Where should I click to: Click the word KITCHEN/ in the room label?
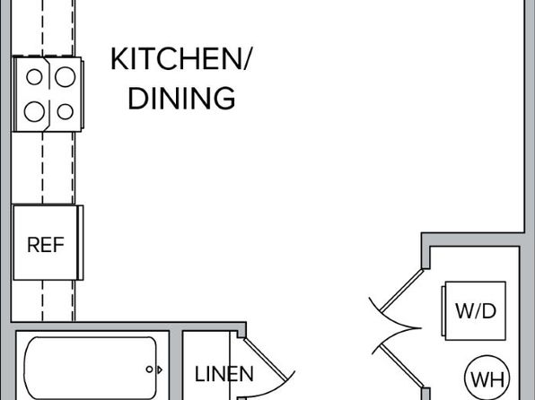tap(180, 59)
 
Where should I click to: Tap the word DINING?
tap(181, 99)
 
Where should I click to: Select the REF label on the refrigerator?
tap(46, 245)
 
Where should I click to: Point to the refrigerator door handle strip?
tap(80, 242)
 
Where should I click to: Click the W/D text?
tap(476, 311)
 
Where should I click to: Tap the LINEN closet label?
tap(224, 374)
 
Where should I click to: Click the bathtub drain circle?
tap(149, 369)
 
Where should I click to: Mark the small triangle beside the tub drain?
tap(160, 370)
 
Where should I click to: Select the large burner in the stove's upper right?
tap(66, 77)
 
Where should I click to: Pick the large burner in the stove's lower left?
tap(34, 111)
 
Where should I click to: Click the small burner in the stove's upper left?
tap(34, 77)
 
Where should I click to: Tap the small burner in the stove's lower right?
tap(66, 111)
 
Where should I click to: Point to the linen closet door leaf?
tap(266, 359)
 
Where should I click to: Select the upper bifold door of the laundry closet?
tap(401, 291)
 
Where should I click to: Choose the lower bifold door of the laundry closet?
tap(401, 366)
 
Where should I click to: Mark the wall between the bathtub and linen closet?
tap(175, 365)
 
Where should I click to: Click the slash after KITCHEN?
tap(247, 59)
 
